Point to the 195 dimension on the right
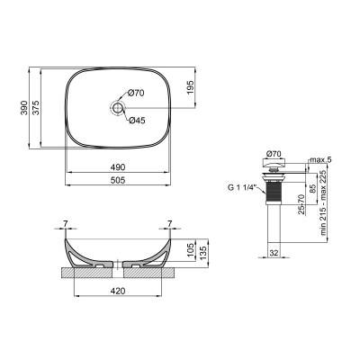click(x=190, y=86)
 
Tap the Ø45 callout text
click(x=136, y=121)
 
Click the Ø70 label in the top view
click(x=136, y=93)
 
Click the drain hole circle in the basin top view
click(x=116, y=107)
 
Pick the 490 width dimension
click(x=117, y=167)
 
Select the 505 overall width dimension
click(x=117, y=179)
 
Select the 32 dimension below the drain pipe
click(x=274, y=254)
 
